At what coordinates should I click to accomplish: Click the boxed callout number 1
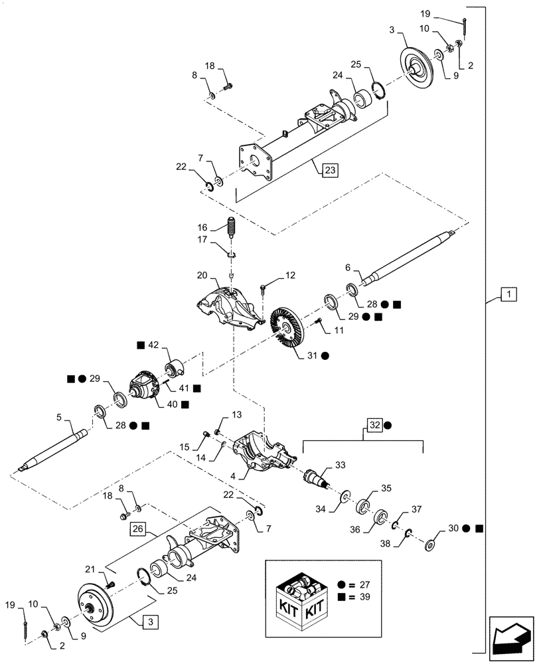click(x=507, y=293)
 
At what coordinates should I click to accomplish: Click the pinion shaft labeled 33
click(x=319, y=477)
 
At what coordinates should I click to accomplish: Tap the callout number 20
click(x=202, y=275)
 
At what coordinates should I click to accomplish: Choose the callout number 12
click(x=290, y=275)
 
